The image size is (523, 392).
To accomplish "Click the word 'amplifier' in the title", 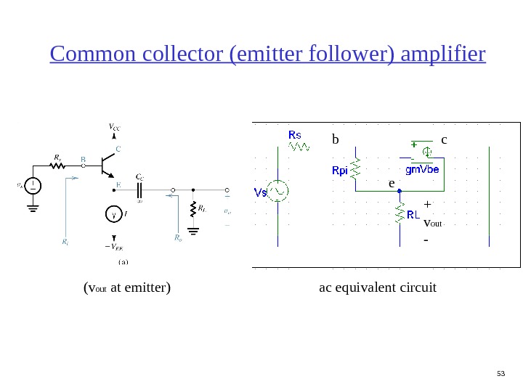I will tap(443, 54).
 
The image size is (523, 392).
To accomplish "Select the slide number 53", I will tap(499, 373).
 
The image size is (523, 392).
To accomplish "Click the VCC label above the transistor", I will tap(114, 128).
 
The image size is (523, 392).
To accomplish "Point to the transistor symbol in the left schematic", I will tap(107, 166).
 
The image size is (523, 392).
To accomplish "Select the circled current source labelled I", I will tap(113, 214).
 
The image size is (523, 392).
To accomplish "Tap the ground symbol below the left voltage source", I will tap(33, 208).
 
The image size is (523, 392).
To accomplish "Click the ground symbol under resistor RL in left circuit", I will tap(193, 232).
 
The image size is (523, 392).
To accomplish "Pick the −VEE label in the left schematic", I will tap(114, 247).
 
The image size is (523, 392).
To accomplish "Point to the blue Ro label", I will tap(178, 237).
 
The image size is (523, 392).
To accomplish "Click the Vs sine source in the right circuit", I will tap(277, 192).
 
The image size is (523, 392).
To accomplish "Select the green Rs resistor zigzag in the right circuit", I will tap(299, 147).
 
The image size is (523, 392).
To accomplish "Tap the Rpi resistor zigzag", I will tap(355, 170).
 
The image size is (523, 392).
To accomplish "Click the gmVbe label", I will tap(423, 170).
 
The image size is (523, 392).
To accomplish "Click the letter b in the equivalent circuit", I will tap(336, 139).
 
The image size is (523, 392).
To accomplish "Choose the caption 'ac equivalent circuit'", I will tap(378, 288).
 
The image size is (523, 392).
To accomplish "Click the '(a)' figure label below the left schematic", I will tap(123, 261).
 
